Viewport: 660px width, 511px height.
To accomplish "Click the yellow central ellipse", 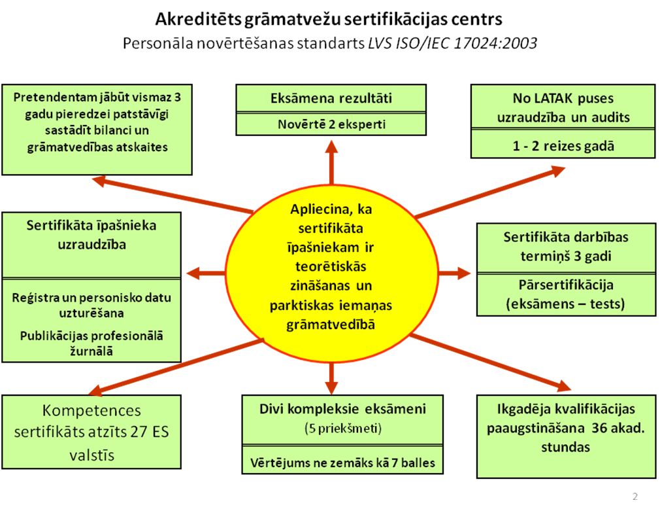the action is tap(332, 273).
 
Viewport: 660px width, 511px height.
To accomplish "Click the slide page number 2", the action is tap(635, 496).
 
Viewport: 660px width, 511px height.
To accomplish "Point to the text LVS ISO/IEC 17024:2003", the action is tap(452, 43).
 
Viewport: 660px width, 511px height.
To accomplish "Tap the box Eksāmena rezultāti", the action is tap(331, 98).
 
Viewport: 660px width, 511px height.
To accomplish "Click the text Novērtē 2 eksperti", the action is tap(331, 124).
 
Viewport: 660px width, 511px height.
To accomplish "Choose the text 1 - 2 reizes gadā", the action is tap(563, 146).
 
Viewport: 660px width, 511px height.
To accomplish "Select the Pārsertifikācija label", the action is tap(566, 285).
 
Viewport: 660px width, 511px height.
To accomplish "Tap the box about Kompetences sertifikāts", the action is tap(91, 432).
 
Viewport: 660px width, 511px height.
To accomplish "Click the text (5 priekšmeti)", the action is tap(343, 429).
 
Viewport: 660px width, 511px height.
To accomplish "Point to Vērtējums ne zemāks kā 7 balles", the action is tap(342, 463).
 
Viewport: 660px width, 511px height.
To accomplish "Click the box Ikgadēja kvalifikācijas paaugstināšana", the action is tap(566, 436).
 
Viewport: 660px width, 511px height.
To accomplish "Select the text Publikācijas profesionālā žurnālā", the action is tap(91, 344).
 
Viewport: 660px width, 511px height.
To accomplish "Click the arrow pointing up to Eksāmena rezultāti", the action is tap(332, 163).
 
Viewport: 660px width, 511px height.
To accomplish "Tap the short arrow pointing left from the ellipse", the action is tap(206, 273).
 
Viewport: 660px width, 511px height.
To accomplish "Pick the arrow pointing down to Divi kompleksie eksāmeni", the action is tap(332, 378).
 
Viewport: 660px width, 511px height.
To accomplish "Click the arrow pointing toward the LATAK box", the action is tap(490, 192).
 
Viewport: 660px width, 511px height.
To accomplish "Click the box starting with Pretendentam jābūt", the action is tap(97, 130).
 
